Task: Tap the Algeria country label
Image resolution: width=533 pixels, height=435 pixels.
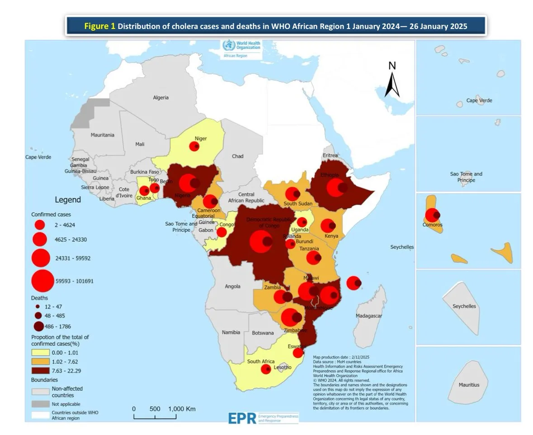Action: point(160,97)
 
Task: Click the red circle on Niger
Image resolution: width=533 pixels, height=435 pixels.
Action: point(194,146)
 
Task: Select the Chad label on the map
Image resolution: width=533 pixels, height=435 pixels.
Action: point(237,156)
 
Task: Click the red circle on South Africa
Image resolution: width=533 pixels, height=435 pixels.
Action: point(266,369)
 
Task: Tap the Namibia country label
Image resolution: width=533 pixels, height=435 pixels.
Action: point(231,332)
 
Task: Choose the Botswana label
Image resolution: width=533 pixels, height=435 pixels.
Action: point(263,333)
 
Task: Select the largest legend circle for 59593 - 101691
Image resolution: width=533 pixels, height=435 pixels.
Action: point(42,281)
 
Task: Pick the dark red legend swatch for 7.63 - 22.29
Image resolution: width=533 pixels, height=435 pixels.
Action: point(40,371)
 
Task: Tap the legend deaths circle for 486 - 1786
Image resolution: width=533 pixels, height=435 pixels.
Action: point(38,326)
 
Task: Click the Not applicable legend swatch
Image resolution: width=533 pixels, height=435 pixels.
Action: point(40,403)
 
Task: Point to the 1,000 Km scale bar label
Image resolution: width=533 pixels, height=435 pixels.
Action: point(182,409)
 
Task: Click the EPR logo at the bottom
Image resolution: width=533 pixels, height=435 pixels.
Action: point(242,418)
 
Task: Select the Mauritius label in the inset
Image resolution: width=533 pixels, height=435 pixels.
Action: point(469,385)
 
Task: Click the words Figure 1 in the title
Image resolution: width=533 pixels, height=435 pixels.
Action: point(100,26)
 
